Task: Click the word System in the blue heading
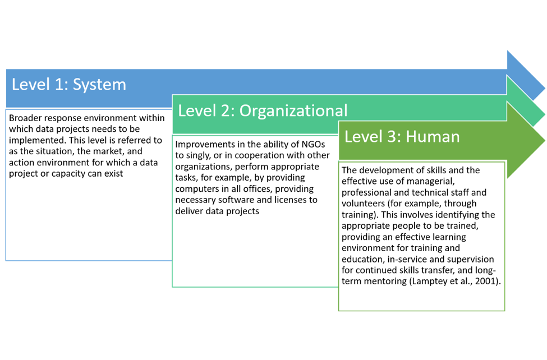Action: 99,85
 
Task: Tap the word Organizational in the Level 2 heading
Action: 293,111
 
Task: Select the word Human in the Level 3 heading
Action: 433,136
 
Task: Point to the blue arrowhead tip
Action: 545,87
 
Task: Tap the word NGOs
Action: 313,145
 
